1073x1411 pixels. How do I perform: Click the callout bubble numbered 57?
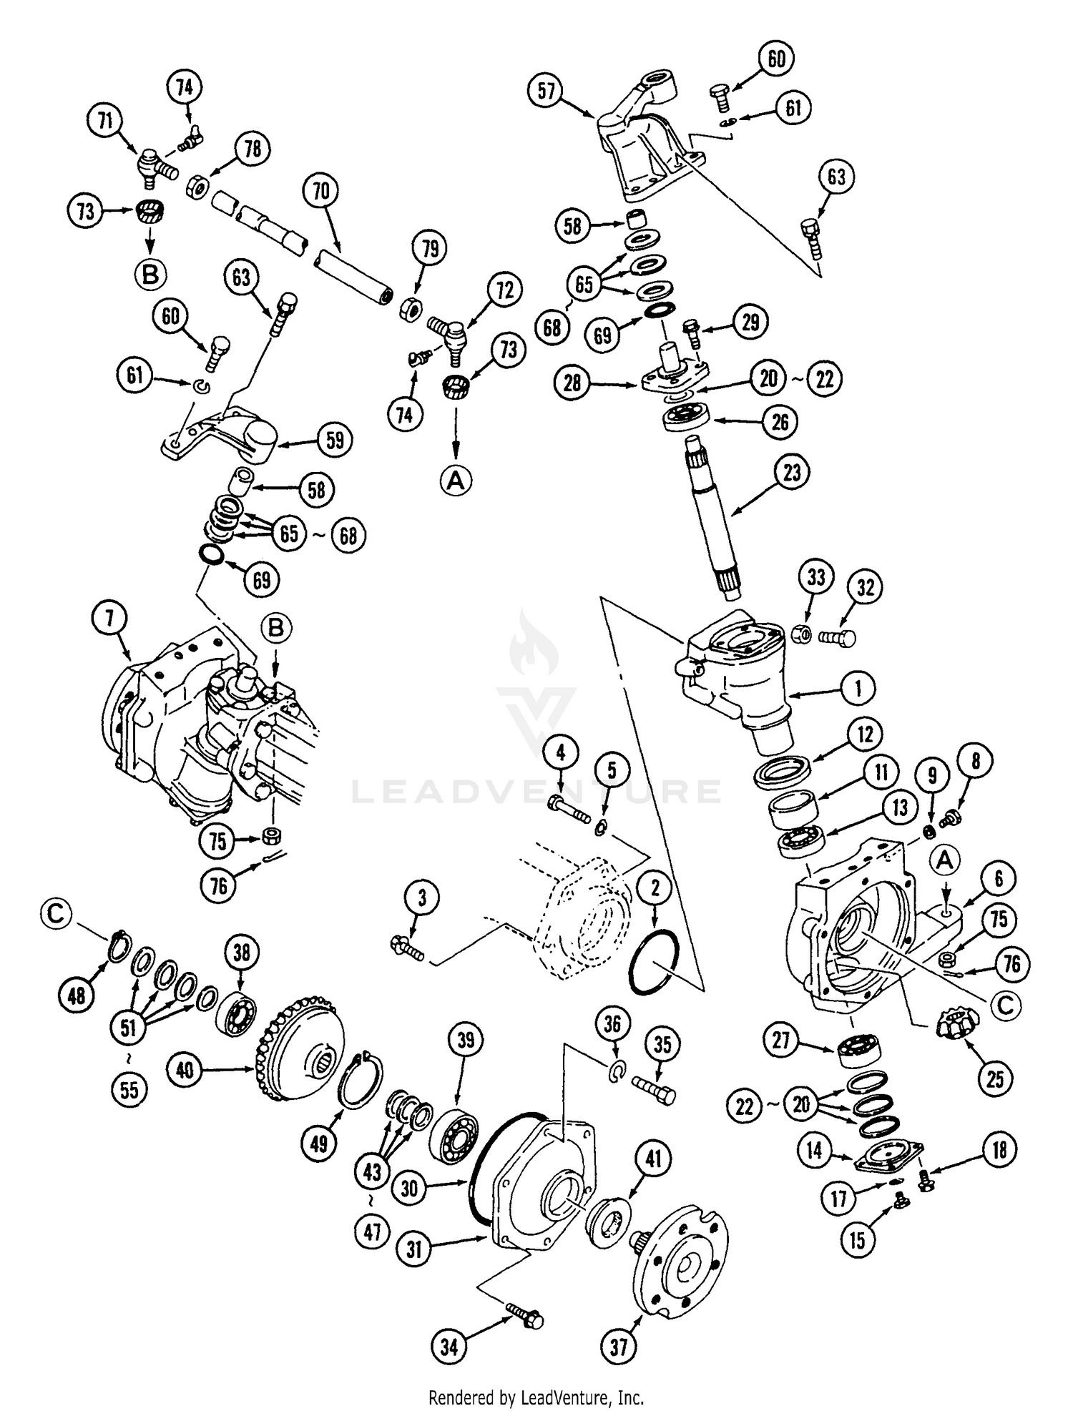tap(547, 92)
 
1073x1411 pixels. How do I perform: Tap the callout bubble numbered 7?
tap(110, 619)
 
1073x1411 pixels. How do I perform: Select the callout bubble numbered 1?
tap(858, 688)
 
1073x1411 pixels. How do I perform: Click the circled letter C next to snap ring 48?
tap(59, 915)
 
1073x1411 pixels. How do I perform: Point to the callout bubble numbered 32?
tap(866, 587)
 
